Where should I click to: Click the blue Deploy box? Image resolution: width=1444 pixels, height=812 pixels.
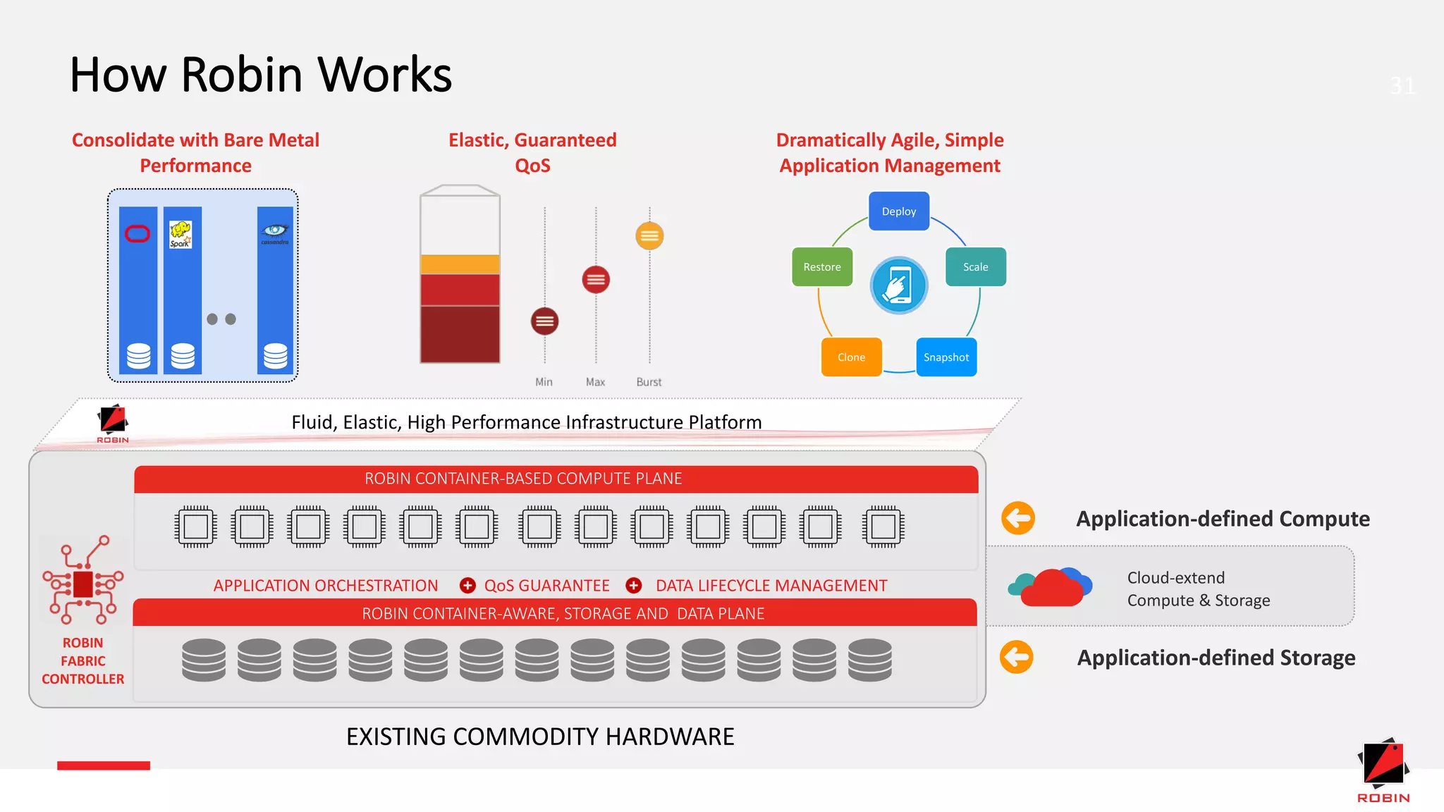pos(898,211)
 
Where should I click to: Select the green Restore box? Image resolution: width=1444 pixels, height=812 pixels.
pos(821,266)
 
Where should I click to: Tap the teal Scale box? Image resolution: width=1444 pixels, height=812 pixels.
pos(975,266)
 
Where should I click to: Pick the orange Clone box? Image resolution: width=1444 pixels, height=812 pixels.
pos(851,357)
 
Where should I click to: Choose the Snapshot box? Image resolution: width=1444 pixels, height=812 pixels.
pos(946,357)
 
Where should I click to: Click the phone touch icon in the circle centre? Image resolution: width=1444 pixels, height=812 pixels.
pos(898,285)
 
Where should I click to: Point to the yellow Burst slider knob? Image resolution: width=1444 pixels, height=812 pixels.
pos(649,235)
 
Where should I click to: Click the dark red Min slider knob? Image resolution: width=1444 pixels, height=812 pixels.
pos(544,321)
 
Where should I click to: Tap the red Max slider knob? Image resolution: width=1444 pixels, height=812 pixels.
pos(596,279)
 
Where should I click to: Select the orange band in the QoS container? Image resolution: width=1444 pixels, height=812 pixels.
pos(460,264)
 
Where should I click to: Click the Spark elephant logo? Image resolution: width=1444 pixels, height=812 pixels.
pos(180,234)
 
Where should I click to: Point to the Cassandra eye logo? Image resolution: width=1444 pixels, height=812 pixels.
pos(275,231)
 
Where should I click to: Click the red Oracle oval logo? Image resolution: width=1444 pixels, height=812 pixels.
pos(137,234)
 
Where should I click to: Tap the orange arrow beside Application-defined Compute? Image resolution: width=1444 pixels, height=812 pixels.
pos(1017,519)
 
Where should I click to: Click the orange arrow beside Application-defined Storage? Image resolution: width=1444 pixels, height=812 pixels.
pos(1016,657)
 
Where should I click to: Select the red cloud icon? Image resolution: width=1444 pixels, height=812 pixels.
pos(1051,589)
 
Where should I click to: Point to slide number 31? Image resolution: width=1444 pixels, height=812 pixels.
pos(1402,86)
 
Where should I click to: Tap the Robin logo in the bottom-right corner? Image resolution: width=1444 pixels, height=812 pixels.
pos(1383,769)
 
